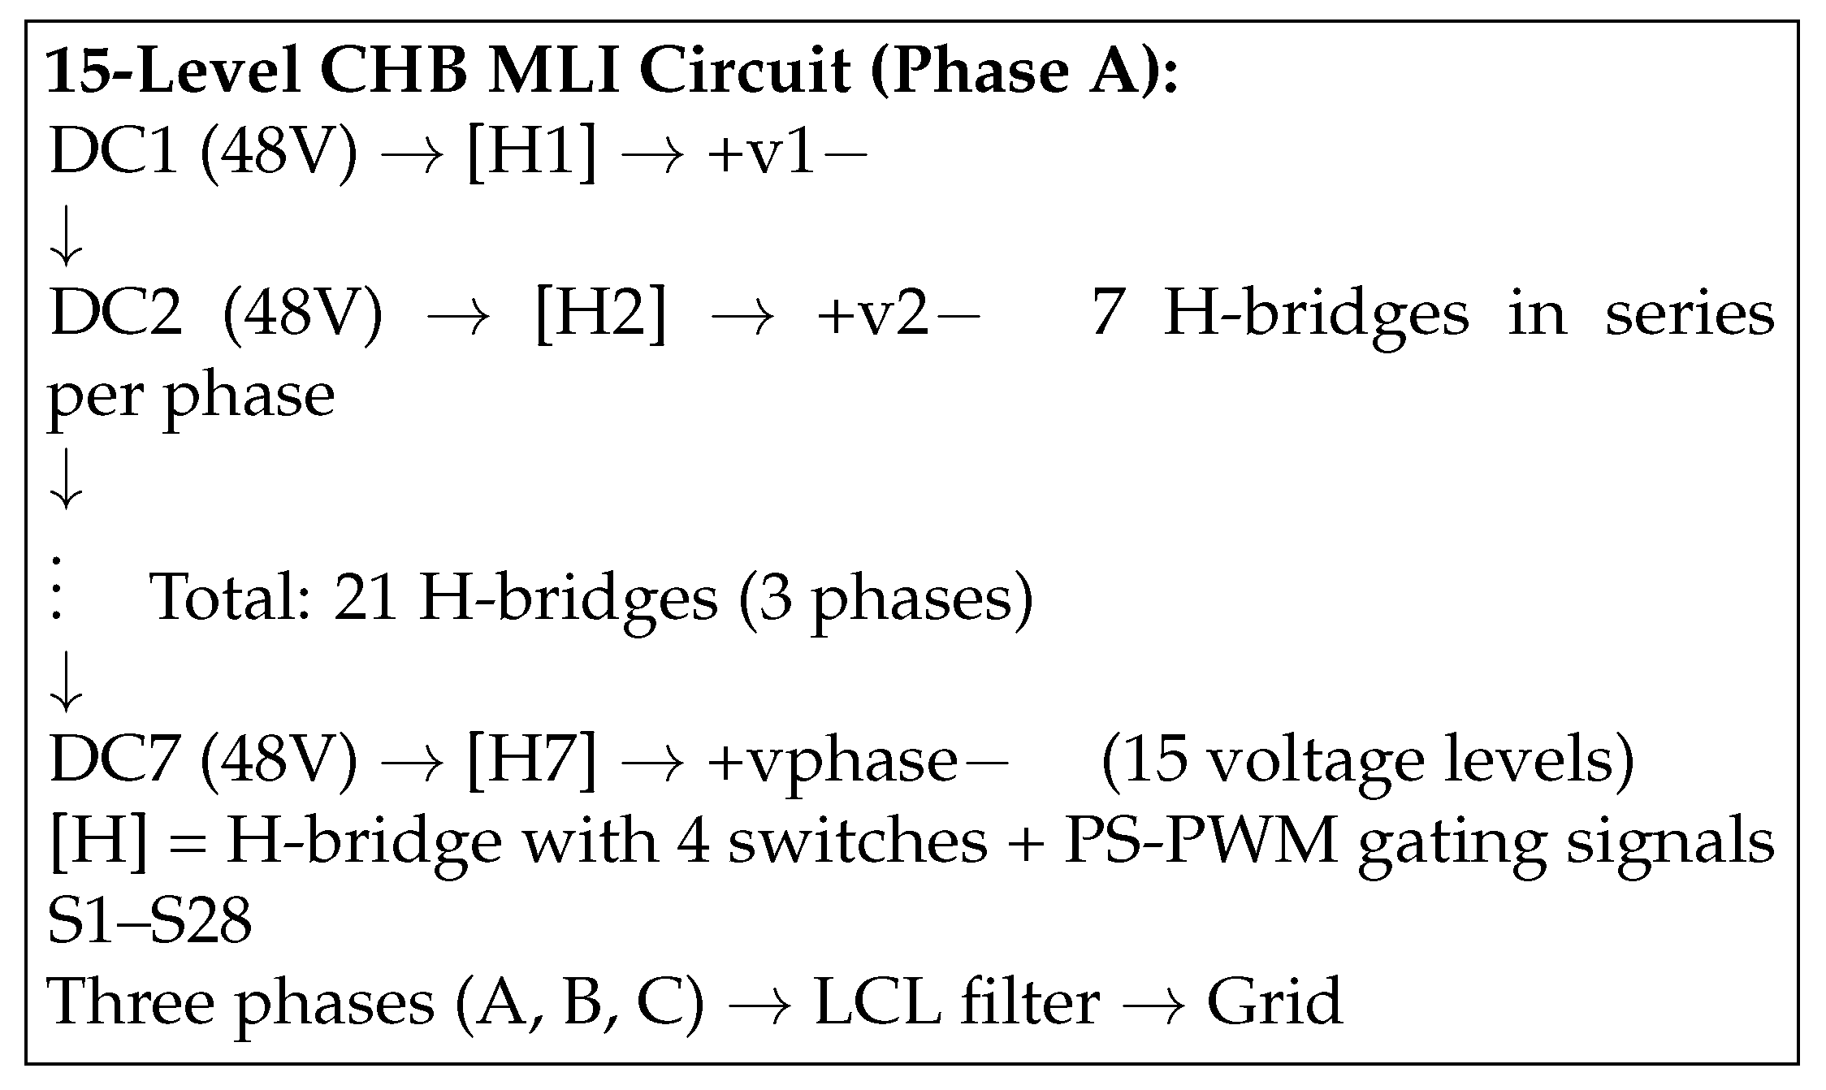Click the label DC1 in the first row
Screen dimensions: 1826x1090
pyautogui.click(x=114, y=153)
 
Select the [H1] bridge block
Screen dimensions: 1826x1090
pyautogui.click(x=531, y=153)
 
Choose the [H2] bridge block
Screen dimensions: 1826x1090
pyautogui.click(x=601, y=315)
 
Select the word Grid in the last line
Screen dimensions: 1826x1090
pyautogui.click(x=1274, y=1002)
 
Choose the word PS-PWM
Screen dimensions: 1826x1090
pyautogui.click(x=1201, y=841)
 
